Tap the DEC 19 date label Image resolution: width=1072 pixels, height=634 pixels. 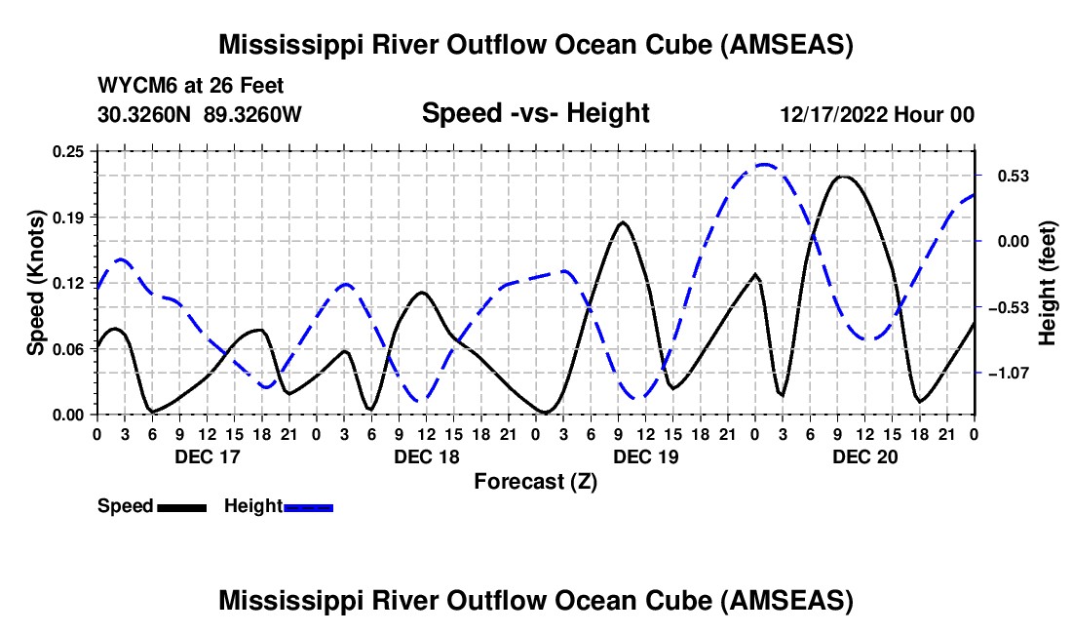(644, 456)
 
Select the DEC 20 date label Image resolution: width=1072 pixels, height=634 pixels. (864, 456)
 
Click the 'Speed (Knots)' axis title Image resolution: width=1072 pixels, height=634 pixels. (36, 283)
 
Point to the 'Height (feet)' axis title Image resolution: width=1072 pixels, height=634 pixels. (1048, 283)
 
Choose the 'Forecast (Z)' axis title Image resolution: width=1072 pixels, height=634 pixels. (535, 481)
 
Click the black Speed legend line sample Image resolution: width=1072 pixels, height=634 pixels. (181, 507)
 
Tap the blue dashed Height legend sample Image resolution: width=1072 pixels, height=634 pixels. (309, 507)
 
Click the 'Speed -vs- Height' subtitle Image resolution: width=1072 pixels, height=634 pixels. (535, 114)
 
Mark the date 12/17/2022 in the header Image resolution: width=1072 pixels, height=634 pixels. (832, 115)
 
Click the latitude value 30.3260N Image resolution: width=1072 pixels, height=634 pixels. (146, 114)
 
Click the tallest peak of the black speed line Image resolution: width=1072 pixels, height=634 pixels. (843, 177)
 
